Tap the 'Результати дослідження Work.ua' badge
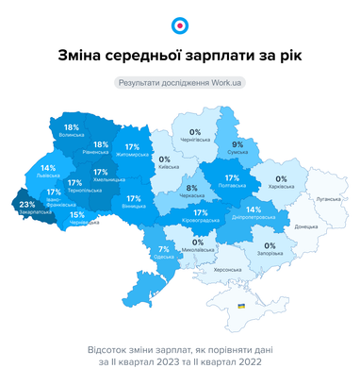point(179,83)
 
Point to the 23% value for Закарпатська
point(27,205)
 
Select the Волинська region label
point(71,136)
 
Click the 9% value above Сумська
point(237,144)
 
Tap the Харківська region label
point(281,187)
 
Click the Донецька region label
point(306,226)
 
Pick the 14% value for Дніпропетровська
point(254,209)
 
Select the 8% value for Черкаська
point(191,190)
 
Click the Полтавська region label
point(232,187)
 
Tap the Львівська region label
point(47,176)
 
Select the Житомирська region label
point(132,155)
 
